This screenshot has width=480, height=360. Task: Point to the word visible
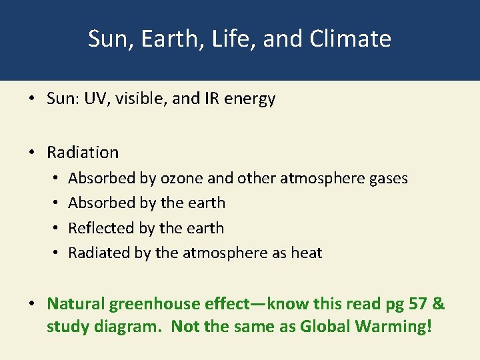141,99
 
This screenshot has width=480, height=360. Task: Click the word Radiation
83,152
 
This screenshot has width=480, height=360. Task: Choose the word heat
307,253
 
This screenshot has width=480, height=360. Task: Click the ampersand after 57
439,304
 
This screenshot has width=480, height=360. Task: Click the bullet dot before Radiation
32,153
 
